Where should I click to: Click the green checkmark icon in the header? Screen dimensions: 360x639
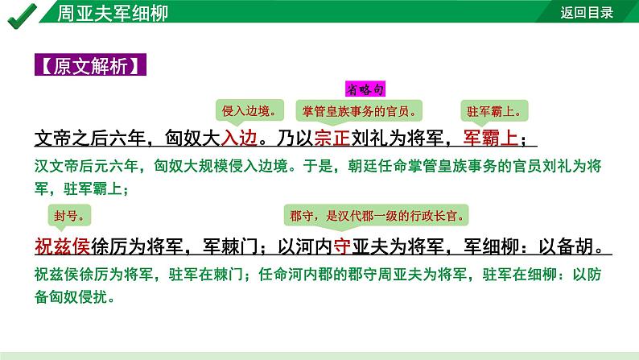pyautogui.click(x=17, y=14)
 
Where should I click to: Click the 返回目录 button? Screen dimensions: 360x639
pyautogui.click(x=587, y=12)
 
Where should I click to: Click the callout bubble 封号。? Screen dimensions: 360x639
pyautogui.click(x=68, y=215)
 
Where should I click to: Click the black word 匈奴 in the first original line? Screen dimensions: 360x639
pyautogui.click(x=173, y=139)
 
